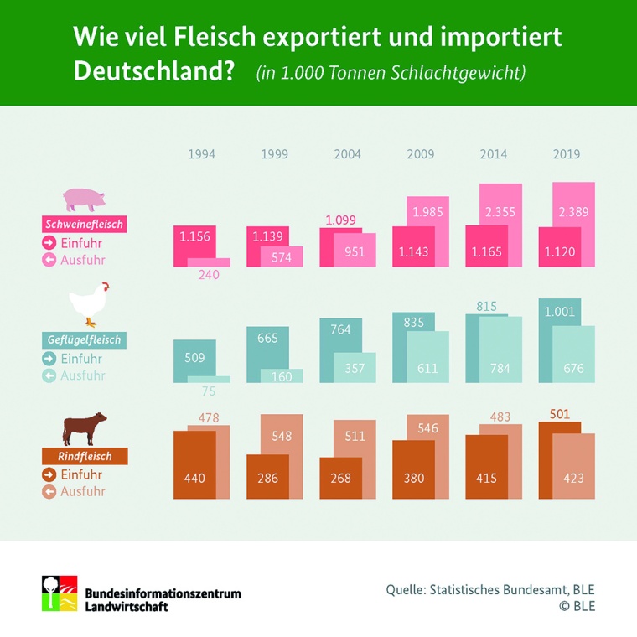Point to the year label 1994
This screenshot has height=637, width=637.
201,154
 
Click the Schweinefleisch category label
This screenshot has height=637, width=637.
84,225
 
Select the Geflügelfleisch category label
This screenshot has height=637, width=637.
84,340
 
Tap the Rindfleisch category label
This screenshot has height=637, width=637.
84,457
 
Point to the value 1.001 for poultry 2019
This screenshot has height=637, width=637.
559,312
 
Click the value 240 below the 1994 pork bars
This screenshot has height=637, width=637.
209,273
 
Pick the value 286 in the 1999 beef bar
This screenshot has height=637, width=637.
267,479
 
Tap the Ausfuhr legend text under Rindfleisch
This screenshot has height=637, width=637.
83,491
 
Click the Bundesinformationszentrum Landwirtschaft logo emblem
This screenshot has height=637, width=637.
60,593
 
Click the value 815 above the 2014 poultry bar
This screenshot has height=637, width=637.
487,307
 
